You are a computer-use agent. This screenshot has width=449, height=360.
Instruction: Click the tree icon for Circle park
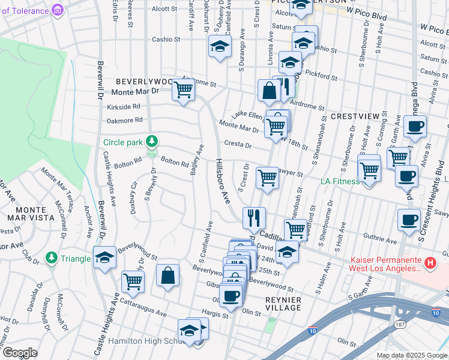(153, 142)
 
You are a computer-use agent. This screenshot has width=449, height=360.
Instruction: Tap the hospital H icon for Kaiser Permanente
(429, 263)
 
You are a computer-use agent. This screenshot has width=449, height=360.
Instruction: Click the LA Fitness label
(340, 181)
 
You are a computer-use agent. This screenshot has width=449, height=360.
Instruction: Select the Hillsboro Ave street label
(223, 180)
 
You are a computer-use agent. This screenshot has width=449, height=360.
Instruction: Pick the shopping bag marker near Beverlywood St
(169, 275)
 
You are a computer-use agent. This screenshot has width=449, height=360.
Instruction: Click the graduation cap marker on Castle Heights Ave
(104, 257)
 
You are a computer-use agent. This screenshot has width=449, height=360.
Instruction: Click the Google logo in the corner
(20, 353)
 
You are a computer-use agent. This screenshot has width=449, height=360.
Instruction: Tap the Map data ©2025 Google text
(411, 355)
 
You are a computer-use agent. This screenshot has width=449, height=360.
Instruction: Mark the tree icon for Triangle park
(52, 259)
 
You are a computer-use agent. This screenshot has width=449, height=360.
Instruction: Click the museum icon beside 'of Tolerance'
(58, 10)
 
